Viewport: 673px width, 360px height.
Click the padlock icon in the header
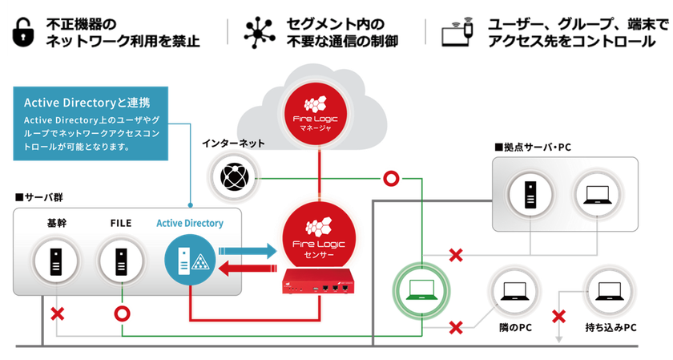click(22, 32)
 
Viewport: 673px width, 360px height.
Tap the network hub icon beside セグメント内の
click(260, 32)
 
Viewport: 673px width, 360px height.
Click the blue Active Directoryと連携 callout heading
click(87, 103)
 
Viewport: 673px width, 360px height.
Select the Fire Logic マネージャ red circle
click(316, 114)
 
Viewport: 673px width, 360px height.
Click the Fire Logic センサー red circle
click(319, 237)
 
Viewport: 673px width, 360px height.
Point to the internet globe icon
click(234, 177)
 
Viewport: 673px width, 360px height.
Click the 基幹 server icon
click(56, 261)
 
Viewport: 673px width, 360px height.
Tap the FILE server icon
click(122, 261)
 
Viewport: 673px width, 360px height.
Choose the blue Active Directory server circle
click(190, 261)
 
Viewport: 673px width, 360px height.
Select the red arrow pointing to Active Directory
click(248, 269)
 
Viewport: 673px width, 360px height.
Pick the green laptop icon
click(422, 290)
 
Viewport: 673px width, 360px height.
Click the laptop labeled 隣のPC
click(514, 291)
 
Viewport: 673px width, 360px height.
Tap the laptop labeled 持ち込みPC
click(610, 291)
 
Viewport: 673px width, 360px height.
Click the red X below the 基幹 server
click(57, 314)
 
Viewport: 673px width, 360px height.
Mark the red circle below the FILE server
click(122, 314)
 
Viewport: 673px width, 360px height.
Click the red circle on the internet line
click(391, 178)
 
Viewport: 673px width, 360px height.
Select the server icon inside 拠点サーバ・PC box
click(530, 195)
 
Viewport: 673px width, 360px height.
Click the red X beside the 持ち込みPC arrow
click(558, 317)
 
